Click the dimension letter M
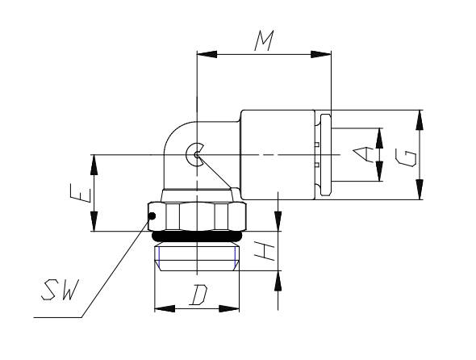click(264, 40)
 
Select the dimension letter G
click(406, 157)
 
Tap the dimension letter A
click(363, 154)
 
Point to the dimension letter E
click(81, 193)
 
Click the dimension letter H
click(265, 251)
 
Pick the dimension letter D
click(198, 295)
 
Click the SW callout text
click(60, 290)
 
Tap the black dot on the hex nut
click(152, 216)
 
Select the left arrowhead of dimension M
click(207, 54)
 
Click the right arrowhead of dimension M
click(321, 54)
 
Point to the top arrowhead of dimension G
click(420, 120)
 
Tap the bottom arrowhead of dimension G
click(420, 190)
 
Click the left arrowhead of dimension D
click(165, 308)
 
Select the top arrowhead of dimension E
click(94, 165)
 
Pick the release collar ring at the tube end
click(326, 155)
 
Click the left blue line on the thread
click(159, 256)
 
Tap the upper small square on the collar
click(316, 144)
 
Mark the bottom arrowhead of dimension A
click(379, 171)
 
